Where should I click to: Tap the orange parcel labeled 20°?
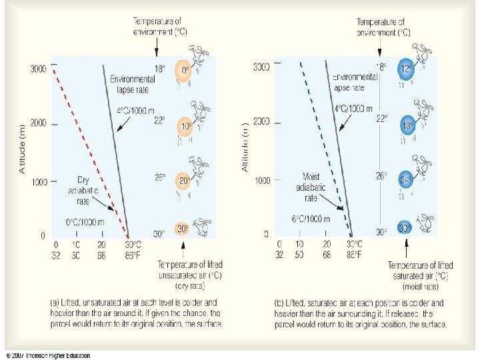coord(183,181)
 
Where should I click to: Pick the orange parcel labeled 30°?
coord(182,229)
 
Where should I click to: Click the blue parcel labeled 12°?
coord(405,69)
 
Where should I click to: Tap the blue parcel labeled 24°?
coord(405,180)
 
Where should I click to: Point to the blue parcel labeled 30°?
coord(403,228)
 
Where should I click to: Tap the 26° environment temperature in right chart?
coord(381,177)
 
